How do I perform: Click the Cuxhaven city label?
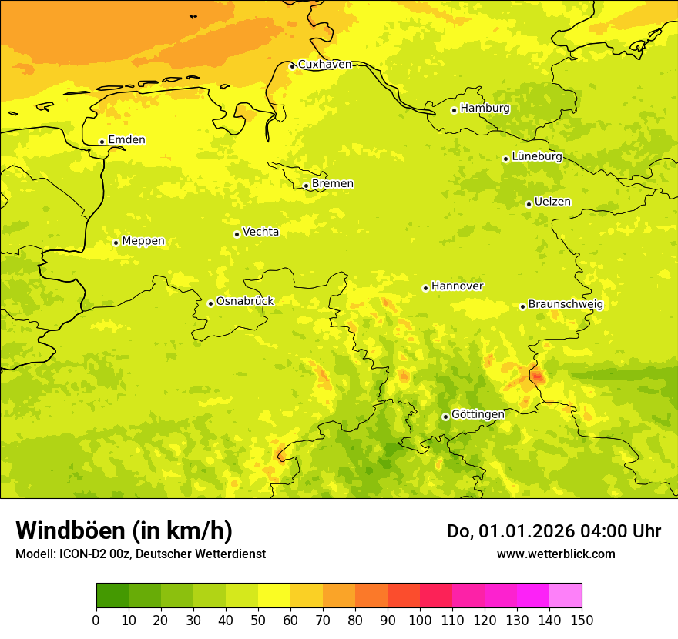324,65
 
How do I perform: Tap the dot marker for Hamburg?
454,110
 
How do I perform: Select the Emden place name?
126,140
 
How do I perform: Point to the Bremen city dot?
306,186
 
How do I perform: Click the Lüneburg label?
537,156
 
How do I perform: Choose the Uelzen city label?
552,202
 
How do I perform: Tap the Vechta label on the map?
260,232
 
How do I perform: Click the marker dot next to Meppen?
116,243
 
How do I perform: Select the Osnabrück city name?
245,301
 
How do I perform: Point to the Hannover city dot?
425,288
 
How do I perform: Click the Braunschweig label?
566,305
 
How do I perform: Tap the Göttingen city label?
478,414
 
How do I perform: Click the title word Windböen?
69,530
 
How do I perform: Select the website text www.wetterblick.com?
555,554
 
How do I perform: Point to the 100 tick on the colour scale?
420,620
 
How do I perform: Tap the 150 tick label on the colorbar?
582,620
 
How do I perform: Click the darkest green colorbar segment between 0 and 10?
112,596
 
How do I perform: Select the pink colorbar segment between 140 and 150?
566,596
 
